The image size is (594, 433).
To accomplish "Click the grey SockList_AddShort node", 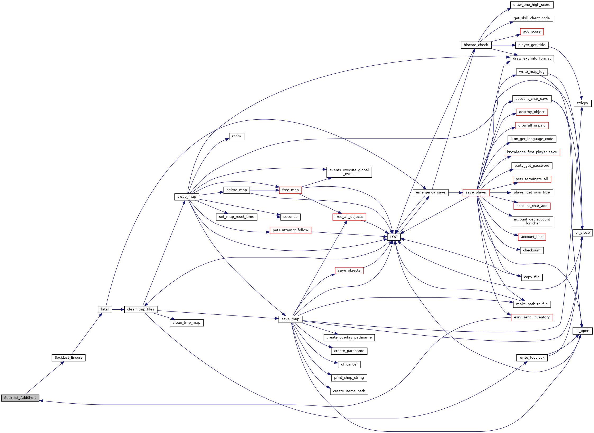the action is [x=20, y=398].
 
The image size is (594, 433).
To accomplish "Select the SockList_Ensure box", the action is [x=69, y=358].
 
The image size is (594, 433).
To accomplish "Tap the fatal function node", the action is [x=105, y=309].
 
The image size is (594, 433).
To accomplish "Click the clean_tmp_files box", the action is [x=141, y=309].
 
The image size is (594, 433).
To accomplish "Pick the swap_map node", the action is [x=187, y=197].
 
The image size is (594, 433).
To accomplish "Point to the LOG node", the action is [x=394, y=237].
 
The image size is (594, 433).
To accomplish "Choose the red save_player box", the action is [x=476, y=192].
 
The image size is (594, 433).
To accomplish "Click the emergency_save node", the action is [x=430, y=192].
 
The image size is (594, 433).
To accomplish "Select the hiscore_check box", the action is [x=476, y=45].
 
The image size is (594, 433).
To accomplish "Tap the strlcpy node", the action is [x=582, y=103].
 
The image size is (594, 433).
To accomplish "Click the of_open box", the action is [x=582, y=331].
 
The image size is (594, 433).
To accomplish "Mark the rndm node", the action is [x=237, y=136].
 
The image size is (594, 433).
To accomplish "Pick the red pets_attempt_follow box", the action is [x=291, y=230].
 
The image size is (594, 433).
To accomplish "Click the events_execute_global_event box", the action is [x=349, y=172].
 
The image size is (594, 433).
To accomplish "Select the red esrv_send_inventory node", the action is [x=532, y=317].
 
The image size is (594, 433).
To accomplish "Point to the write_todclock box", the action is [x=532, y=358].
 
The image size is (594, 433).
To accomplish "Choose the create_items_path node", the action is [x=349, y=391].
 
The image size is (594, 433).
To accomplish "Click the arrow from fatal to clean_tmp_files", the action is [x=118, y=309].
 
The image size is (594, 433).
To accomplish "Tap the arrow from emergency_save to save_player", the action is [x=455, y=193].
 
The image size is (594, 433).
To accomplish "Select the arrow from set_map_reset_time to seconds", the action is [x=269, y=217].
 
